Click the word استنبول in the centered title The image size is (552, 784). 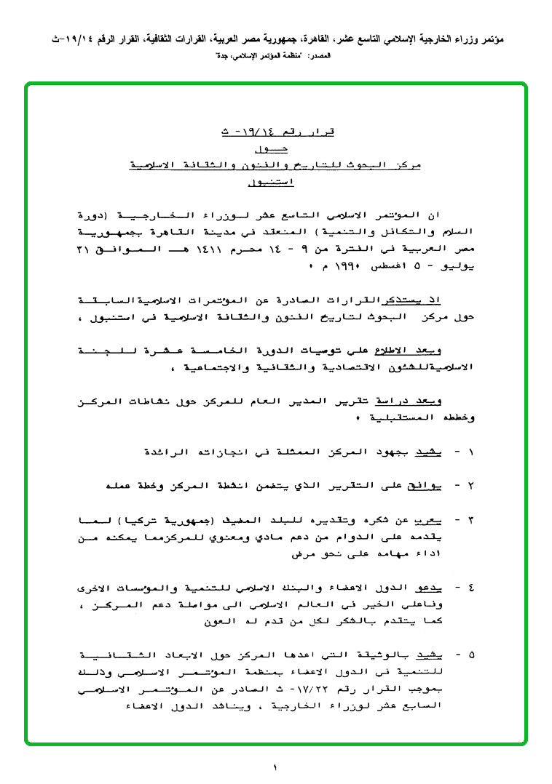(272, 183)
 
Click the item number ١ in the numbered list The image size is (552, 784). (470, 452)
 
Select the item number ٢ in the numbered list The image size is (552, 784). (470, 486)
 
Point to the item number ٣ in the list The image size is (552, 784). (470, 520)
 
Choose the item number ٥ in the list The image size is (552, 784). (470, 654)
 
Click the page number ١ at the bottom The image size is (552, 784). (276, 768)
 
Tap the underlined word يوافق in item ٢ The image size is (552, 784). (425, 486)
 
